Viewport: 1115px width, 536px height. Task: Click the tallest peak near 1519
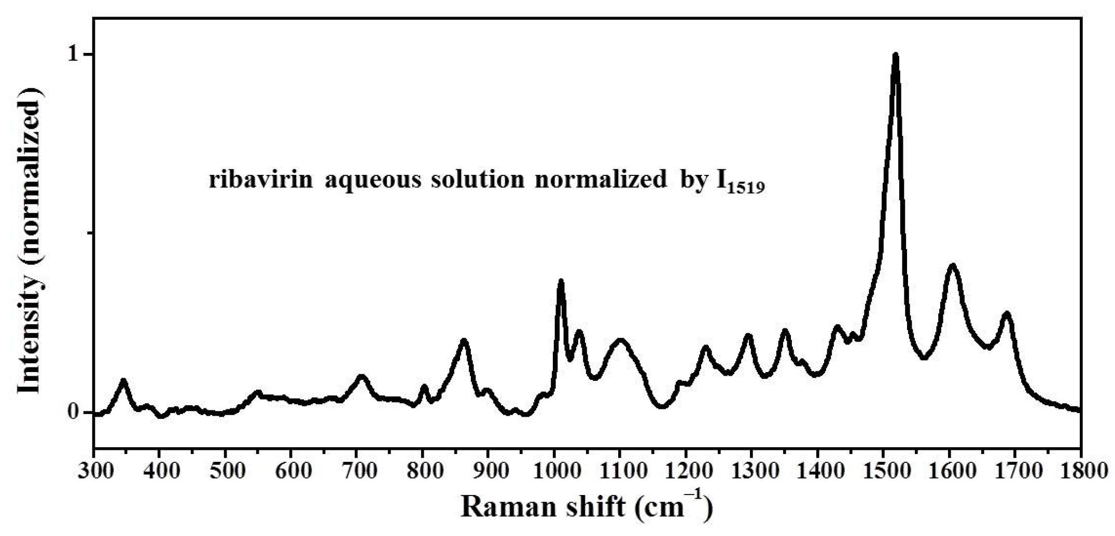pyautogui.click(x=895, y=55)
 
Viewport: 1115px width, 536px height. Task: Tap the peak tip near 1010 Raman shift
pyautogui.click(x=561, y=281)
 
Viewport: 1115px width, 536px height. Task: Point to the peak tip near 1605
pyautogui.click(x=952, y=266)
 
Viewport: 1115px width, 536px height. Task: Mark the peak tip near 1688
pyautogui.click(x=1007, y=313)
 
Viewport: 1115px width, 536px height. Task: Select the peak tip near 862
pyautogui.click(x=464, y=340)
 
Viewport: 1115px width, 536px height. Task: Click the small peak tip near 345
pyautogui.click(x=123, y=380)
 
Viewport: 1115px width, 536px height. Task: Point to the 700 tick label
pyautogui.click(x=357, y=472)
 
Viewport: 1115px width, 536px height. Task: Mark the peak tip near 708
pyautogui.click(x=361, y=376)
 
